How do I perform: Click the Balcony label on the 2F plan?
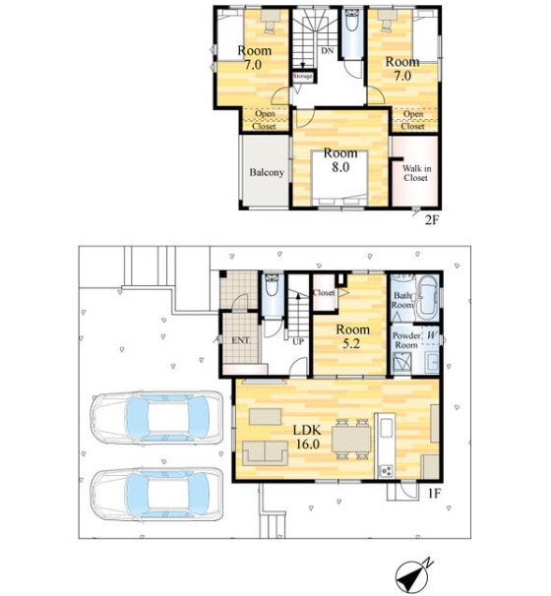coord(267,172)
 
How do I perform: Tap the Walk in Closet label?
coord(416,173)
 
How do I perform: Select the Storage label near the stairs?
coord(302,76)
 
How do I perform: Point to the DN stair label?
coord(327,50)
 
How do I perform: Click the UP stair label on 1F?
coord(298,341)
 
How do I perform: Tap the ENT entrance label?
coord(240,340)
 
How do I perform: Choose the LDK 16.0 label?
coord(307,437)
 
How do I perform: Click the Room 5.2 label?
coord(352,336)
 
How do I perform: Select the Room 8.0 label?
coord(340,159)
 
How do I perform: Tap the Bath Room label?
coord(403,300)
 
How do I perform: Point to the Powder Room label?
coord(406,340)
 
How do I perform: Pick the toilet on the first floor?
coord(272,285)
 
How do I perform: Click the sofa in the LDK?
coord(265,452)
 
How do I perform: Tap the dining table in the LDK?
coord(351,439)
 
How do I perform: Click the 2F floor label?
coord(432,219)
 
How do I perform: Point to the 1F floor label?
coord(434,494)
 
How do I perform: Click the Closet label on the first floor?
coord(324,293)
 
